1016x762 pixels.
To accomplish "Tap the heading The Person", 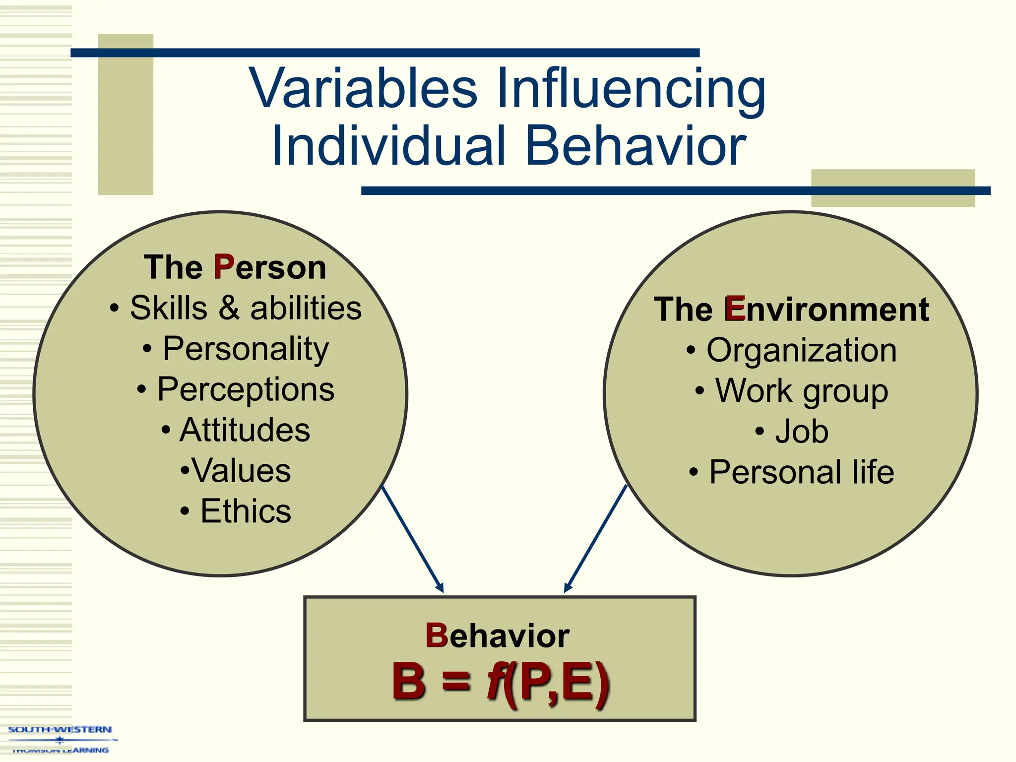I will pos(235,267).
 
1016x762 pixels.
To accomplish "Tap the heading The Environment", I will pos(791,310).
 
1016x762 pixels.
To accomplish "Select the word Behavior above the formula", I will pos(498,636).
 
